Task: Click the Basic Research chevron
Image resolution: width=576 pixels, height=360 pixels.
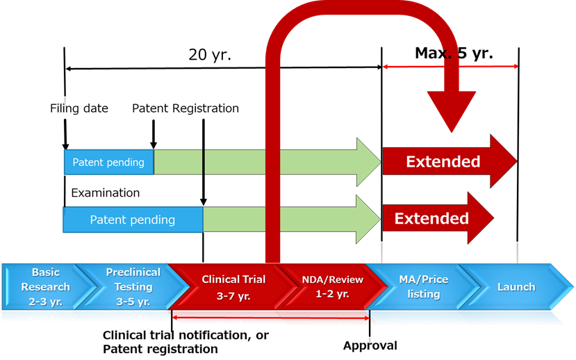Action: pos(46,286)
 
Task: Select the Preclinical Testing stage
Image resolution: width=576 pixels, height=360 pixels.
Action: pos(133,286)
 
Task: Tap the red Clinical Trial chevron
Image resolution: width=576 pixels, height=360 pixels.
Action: pos(233,287)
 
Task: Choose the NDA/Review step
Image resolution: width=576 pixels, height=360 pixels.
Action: pos(332,286)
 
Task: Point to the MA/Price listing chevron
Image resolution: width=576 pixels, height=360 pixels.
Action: pos(423,286)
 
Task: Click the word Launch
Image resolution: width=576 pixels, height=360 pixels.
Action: pos(516,286)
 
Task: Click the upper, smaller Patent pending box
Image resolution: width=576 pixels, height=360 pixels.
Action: pos(108,162)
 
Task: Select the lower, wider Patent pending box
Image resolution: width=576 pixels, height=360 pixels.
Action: pos(133,220)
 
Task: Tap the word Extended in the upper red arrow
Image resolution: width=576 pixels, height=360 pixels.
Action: pos(443,162)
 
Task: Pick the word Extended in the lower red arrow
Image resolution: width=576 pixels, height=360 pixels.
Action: pos(431,219)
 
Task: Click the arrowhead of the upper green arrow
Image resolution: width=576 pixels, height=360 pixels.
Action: pos(369,162)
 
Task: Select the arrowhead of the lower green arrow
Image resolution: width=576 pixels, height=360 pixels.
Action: pos(368,219)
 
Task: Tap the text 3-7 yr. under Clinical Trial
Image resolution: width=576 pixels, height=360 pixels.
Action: pos(233,295)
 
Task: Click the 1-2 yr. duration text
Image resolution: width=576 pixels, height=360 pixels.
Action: pos(332,293)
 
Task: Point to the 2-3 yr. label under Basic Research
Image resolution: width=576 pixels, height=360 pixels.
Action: pos(46,302)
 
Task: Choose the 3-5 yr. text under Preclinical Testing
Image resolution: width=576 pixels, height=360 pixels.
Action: pos(133,302)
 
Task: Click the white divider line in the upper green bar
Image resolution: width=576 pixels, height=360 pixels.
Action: pos(204,162)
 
